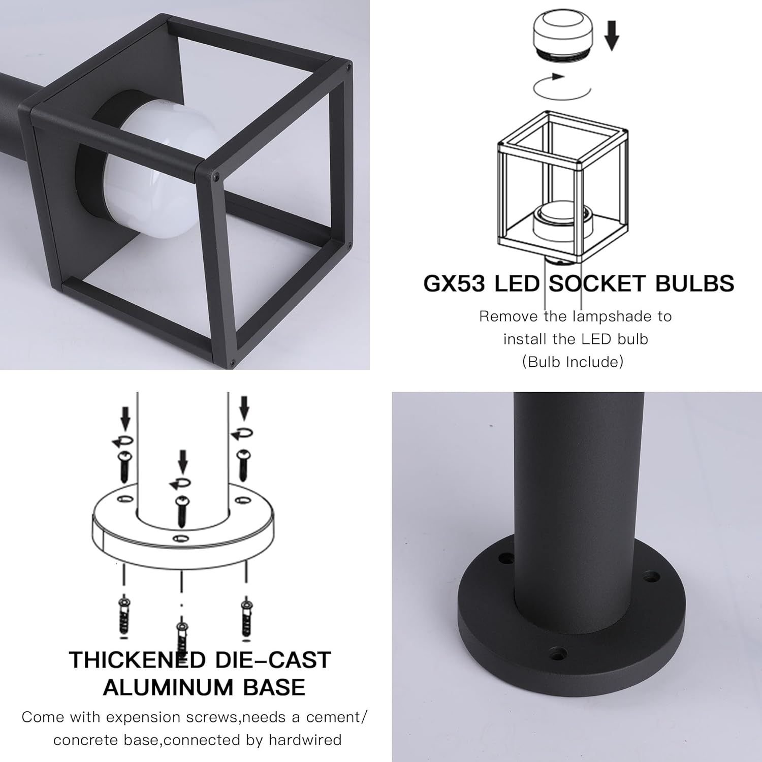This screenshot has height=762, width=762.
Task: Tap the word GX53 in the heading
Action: click(x=454, y=283)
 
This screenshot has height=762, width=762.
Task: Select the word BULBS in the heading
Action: click(x=694, y=283)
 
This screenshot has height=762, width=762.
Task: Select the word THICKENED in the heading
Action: click(x=137, y=659)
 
